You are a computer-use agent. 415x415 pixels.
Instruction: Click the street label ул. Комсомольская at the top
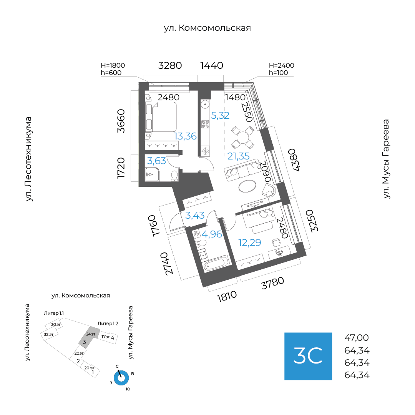point(207,28)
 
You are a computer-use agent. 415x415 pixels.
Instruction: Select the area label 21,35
point(238,156)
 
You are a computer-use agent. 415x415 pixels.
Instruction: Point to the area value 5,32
point(220,115)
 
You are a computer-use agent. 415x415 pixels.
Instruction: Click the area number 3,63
point(156,161)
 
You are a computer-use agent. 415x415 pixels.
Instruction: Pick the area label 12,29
point(249,242)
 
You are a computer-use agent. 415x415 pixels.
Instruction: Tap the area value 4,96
point(212,234)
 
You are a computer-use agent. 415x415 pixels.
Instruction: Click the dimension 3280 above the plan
point(170,65)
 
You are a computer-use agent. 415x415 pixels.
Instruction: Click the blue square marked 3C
point(308,356)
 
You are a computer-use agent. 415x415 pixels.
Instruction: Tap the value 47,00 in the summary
point(357,338)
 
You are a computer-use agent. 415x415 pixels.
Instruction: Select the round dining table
point(243,137)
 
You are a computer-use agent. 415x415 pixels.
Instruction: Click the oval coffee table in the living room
point(249,186)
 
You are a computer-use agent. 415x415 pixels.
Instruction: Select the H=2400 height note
point(281,66)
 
